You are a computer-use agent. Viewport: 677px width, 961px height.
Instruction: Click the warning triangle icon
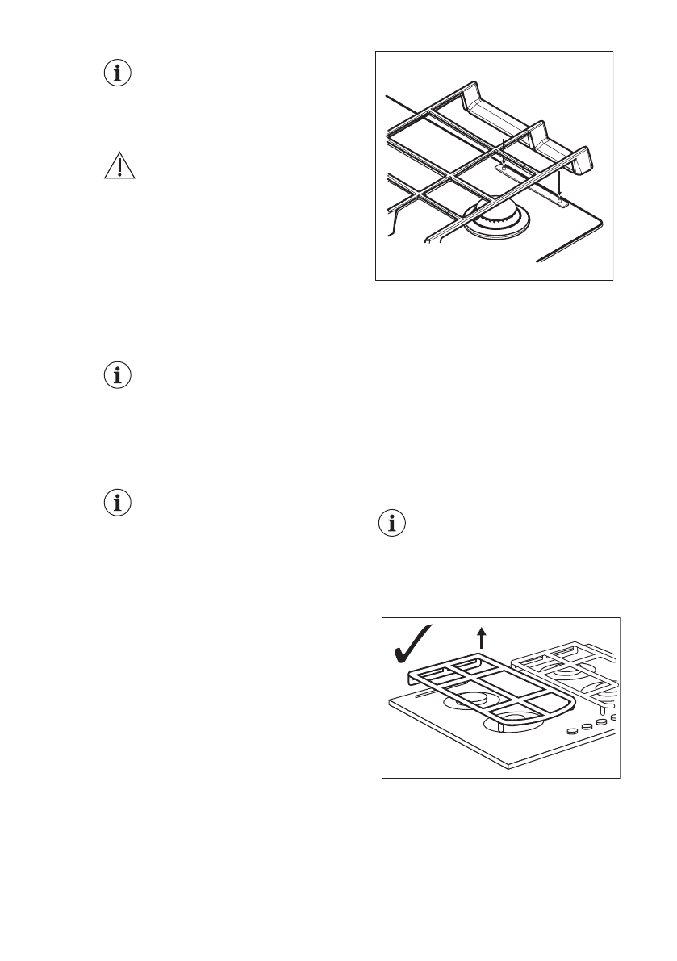coord(119,165)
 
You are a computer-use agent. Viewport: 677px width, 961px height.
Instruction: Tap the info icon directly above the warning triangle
coord(119,73)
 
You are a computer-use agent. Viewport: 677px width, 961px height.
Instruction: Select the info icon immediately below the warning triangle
coord(119,375)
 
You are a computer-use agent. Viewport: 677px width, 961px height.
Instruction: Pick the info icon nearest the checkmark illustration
coord(393,524)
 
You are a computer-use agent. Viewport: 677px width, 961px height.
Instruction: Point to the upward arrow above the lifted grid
coord(482,639)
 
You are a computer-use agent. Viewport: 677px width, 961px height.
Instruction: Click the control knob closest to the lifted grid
coord(574,731)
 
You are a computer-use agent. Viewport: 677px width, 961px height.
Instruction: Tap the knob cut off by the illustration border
coord(615,717)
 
